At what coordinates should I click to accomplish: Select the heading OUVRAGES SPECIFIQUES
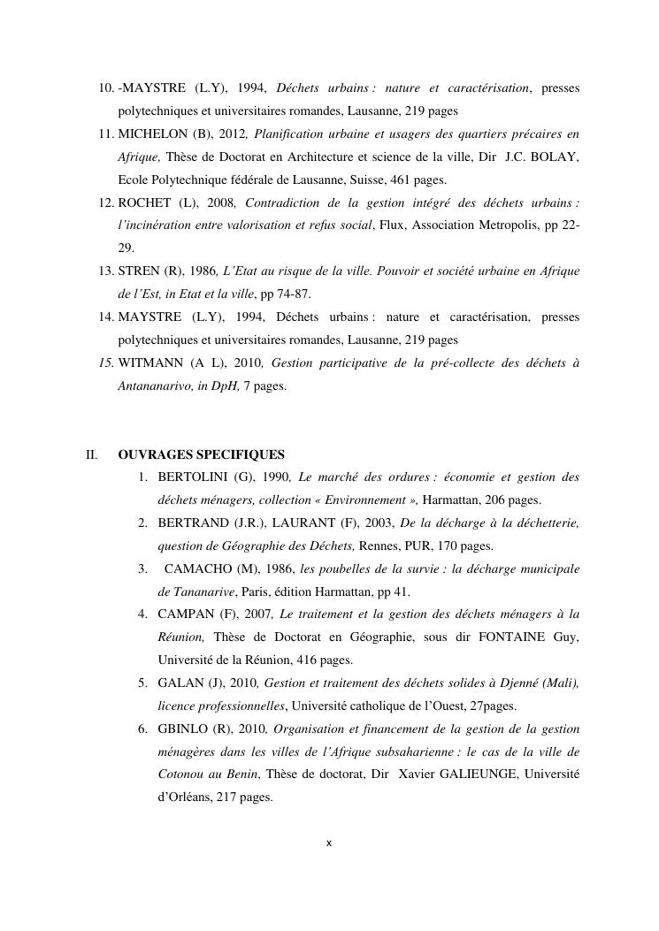pyautogui.click(x=201, y=455)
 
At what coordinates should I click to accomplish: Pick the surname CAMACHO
pyautogui.click(x=199, y=569)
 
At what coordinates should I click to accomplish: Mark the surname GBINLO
pyautogui.click(x=183, y=729)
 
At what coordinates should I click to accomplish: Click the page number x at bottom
pyautogui.click(x=329, y=843)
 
